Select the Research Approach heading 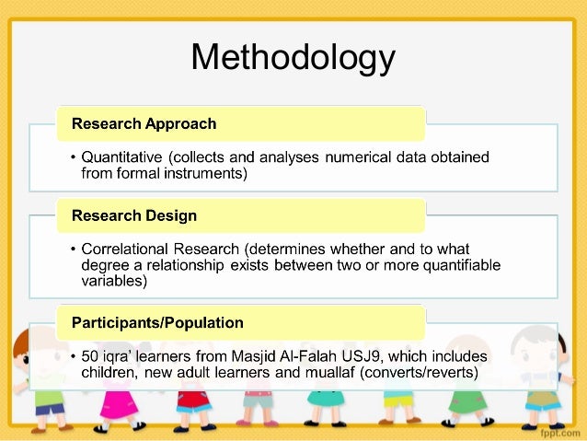click(x=144, y=123)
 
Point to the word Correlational click(x=129, y=250)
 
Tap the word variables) click(x=114, y=283)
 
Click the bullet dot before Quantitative click(x=73, y=156)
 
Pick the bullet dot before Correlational click(x=73, y=250)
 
